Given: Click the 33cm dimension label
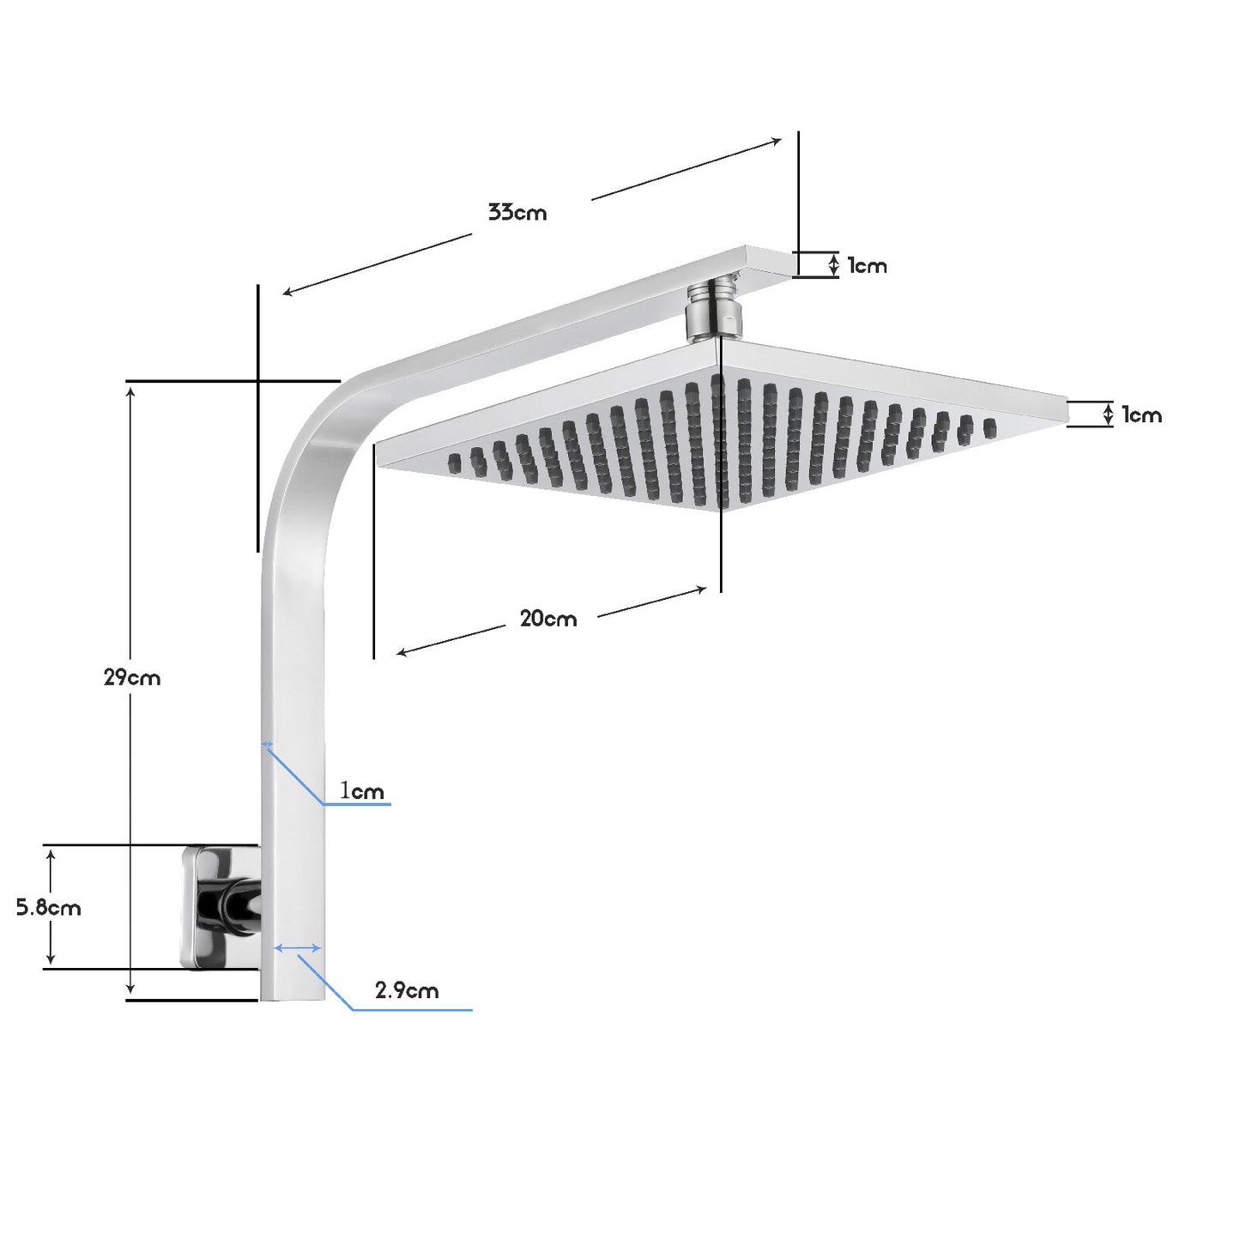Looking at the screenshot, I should [517, 212].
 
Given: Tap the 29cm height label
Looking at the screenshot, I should [132, 677].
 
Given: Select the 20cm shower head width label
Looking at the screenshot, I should [548, 618].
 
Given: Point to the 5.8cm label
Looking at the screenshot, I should [49, 907].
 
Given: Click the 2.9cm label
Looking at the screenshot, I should [407, 990].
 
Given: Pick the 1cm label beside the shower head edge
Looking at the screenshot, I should [1141, 415].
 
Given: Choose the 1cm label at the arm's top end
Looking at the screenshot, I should [867, 266].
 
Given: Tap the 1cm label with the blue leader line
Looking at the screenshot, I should [362, 790].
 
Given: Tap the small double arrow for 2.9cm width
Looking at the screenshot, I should [298, 948].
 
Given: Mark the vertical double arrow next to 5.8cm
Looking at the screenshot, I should [51, 906].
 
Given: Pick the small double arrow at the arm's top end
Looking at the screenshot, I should [834, 264].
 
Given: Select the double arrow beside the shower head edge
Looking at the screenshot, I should [1108, 415].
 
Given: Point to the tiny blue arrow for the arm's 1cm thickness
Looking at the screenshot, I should [267, 745].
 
